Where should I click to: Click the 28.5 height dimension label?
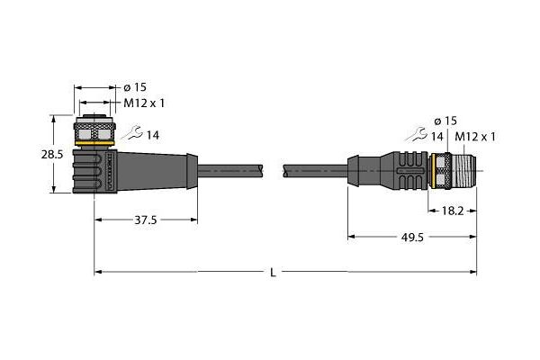pos(52,155)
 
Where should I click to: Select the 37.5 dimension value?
pos(145,220)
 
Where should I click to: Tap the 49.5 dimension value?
pos(412,237)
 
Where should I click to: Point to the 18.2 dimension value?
pos(453,211)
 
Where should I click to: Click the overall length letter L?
pos(273,273)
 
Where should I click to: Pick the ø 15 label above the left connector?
pos(135,87)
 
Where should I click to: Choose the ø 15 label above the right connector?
pos(445,121)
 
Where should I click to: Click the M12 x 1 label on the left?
pos(144,103)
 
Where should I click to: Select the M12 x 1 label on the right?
pos(475,137)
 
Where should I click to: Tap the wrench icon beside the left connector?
pos(132,132)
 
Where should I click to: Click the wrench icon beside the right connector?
pos(417,134)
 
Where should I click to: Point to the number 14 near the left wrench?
pos(153,135)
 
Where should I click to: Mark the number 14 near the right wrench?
pos(437,137)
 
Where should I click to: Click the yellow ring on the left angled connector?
pos(94,143)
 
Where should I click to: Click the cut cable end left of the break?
pos(261,170)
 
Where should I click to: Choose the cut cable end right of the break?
pos(286,170)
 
